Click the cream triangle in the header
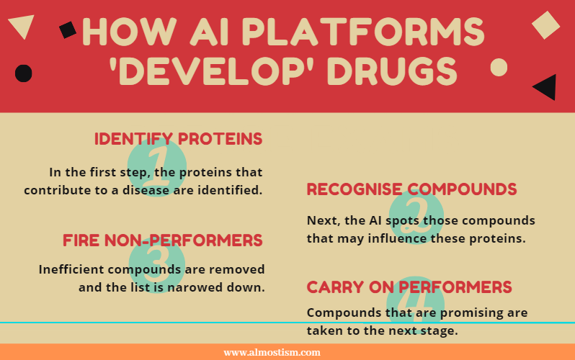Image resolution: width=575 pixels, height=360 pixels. click(22, 24)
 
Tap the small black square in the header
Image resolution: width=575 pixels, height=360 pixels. click(68, 30)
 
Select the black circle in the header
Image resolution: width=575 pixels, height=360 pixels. click(24, 73)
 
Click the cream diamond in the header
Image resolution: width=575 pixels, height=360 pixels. click(545, 25)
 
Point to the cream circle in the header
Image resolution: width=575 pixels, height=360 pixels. click(499, 68)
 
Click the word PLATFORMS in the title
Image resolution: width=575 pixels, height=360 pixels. click(363, 32)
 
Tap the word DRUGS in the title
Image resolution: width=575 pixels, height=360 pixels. click(392, 71)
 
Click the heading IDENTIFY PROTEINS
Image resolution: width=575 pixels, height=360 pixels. click(178, 139)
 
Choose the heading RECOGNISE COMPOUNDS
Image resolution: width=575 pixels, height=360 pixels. click(411, 189)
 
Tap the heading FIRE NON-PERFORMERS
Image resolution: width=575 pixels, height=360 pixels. click(162, 240)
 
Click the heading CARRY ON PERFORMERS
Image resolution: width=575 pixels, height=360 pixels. click(409, 287)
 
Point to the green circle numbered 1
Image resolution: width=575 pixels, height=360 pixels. click(157, 167)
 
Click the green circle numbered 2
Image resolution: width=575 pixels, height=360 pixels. click(416, 217)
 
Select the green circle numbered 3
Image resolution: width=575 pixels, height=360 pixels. click(157, 264)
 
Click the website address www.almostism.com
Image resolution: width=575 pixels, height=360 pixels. click(272, 352)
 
